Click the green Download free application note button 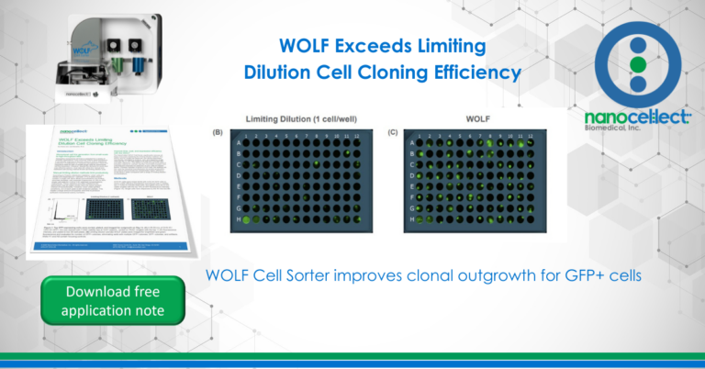(x=113, y=301)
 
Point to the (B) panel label (x=218, y=133)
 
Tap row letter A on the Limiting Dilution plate (x=236, y=143)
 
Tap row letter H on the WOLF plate (x=413, y=220)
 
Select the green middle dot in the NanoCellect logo (x=638, y=65)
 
